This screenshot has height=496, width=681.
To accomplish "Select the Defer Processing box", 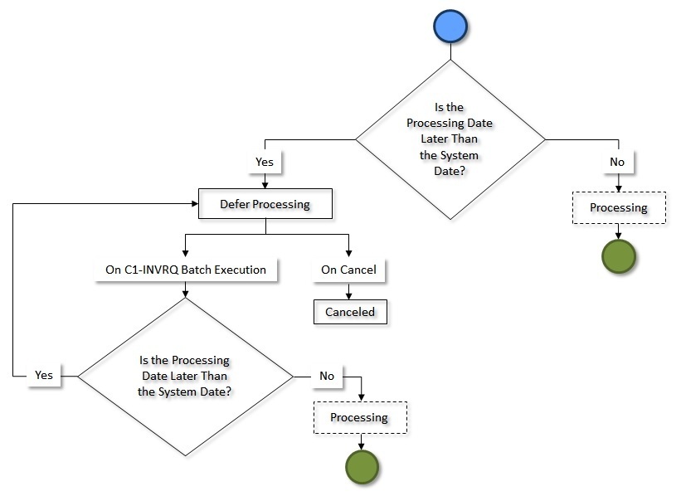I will click(265, 204).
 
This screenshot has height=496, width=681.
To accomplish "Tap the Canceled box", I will click(350, 312).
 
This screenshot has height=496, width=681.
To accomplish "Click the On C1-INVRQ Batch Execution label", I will click(185, 270).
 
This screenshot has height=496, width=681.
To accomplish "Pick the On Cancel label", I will click(348, 270).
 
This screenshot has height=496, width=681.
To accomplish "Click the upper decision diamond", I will click(450, 139).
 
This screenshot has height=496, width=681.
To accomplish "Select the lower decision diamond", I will click(185, 376).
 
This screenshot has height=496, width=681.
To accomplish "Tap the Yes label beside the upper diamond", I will click(265, 162).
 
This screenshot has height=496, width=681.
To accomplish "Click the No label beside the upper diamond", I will click(617, 162).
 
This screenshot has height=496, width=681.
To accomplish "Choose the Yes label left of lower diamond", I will click(44, 375).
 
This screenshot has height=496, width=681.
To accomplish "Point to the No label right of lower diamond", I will click(327, 376).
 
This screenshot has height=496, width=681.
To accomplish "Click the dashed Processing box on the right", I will click(619, 207).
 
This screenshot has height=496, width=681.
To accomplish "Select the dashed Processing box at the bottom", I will click(360, 417).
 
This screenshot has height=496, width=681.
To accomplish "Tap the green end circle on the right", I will click(618, 256).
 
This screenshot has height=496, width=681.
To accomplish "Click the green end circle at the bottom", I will click(361, 466).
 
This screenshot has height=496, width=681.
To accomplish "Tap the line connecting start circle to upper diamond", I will click(450, 51).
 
